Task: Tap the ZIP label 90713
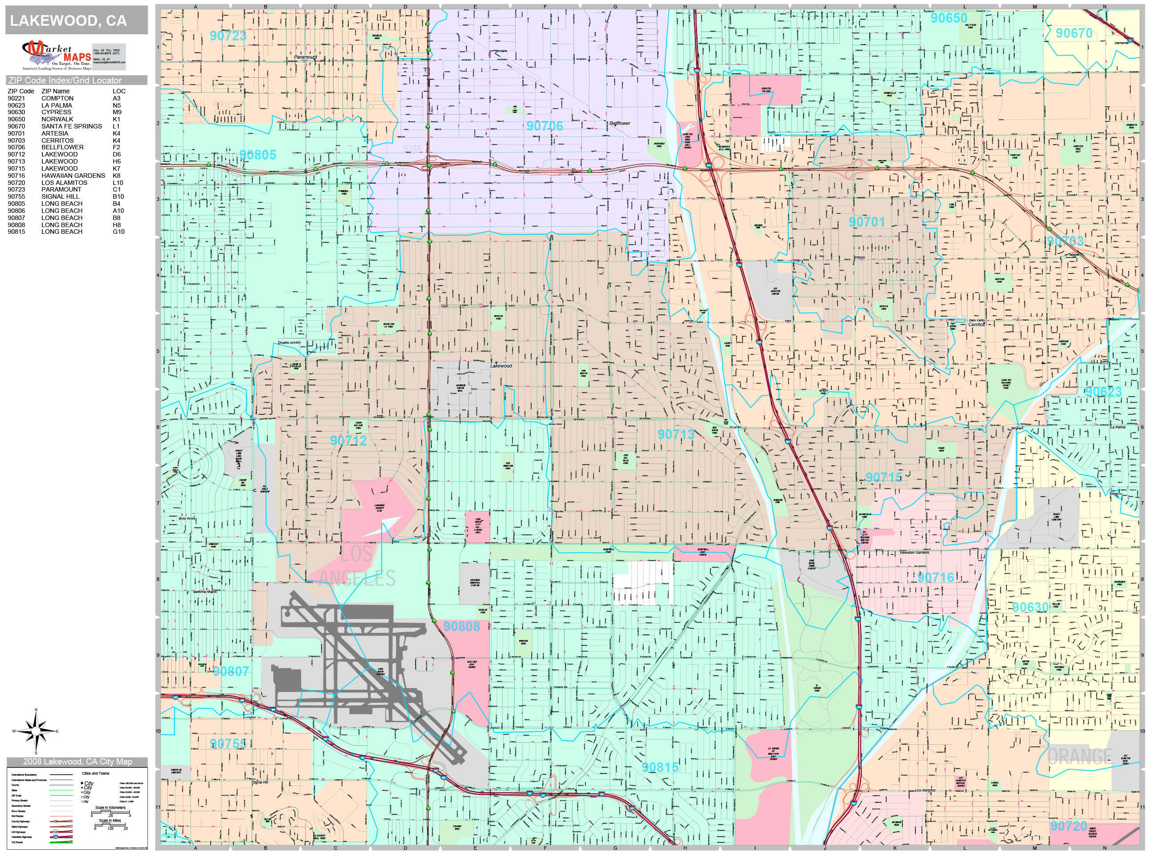tap(676, 434)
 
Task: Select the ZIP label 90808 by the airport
tap(461, 627)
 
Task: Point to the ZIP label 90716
tap(935, 578)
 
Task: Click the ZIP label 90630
tap(1030, 607)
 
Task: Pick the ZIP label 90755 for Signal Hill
tap(228, 744)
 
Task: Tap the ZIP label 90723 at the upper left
tap(228, 36)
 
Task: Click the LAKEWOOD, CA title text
tap(69, 21)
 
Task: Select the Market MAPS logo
tap(56, 56)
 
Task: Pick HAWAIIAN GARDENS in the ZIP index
tap(73, 176)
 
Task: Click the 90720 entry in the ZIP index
tap(16, 183)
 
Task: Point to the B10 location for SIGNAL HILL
tap(118, 197)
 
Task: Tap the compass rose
tap(36, 731)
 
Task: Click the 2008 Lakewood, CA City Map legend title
tap(77, 761)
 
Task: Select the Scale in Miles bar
tap(110, 825)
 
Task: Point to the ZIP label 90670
tap(1074, 33)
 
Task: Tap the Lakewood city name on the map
tap(500, 366)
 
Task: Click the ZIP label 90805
tap(258, 155)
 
